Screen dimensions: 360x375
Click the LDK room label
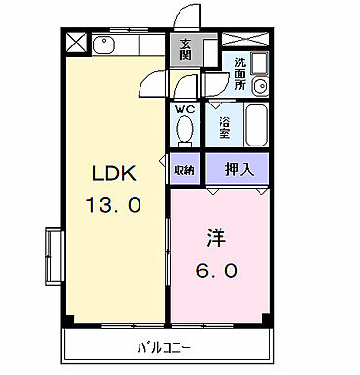pos(114,175)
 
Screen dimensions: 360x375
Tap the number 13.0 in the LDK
pos(114,205)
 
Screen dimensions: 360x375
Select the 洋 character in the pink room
pos(216,237)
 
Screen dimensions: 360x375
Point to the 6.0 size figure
pos(216,269)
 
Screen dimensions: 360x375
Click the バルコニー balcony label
pos(164,348)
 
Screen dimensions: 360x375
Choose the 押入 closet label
pos(237,169)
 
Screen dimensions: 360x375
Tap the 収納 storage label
pos(184,170)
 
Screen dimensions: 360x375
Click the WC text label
pos(185,110)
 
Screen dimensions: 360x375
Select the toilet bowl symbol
pos(185,131)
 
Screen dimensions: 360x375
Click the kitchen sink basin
pos(105,44)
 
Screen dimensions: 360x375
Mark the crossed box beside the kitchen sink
pos(77,43)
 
